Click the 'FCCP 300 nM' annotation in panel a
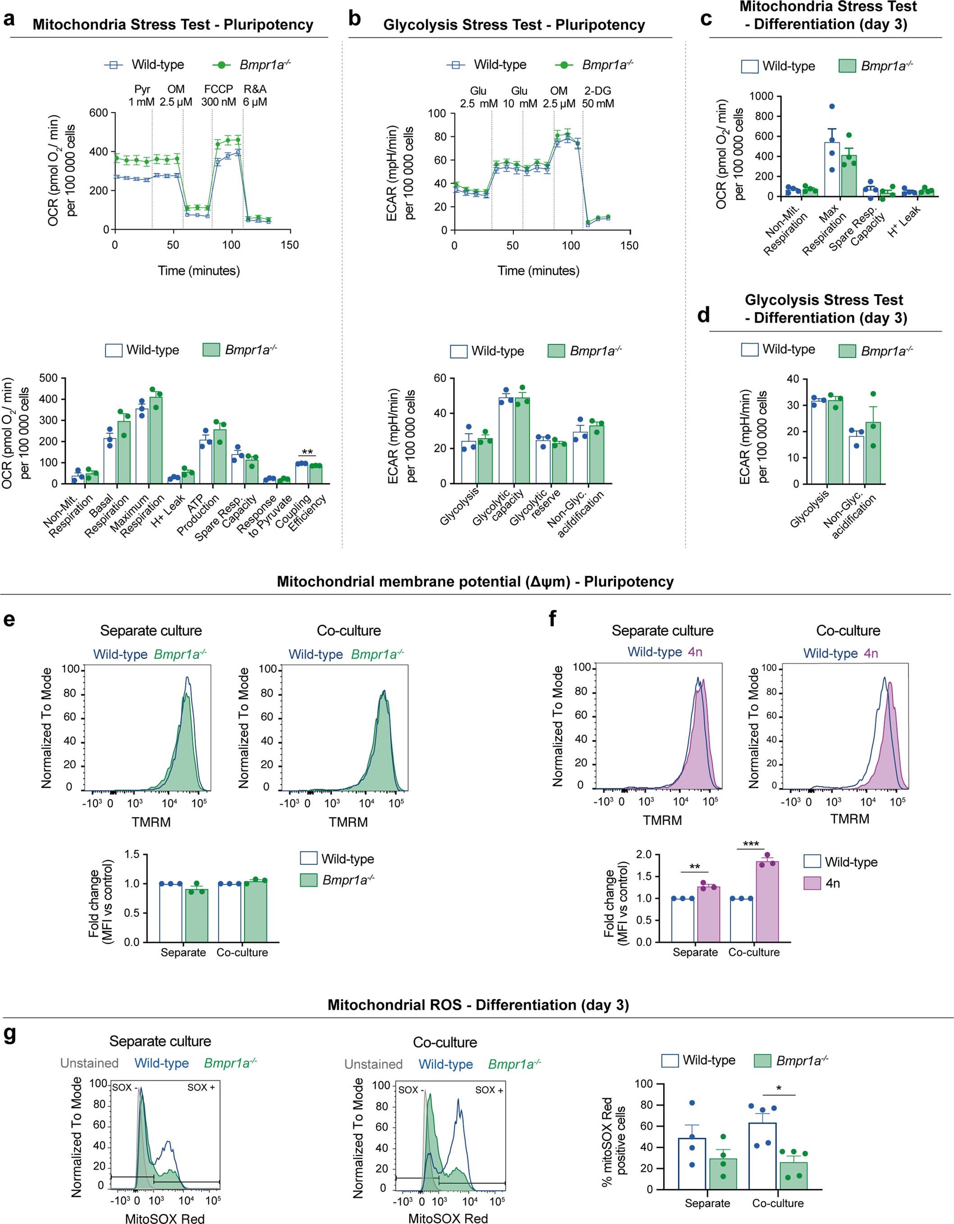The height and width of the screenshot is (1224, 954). (x=219, y=96)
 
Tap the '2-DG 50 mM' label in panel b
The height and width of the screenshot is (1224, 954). (x=598, y=97)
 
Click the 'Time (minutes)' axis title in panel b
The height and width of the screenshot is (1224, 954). (x=538, y=271)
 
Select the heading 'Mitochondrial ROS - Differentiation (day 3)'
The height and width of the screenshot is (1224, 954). (x=478, y=1005)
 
